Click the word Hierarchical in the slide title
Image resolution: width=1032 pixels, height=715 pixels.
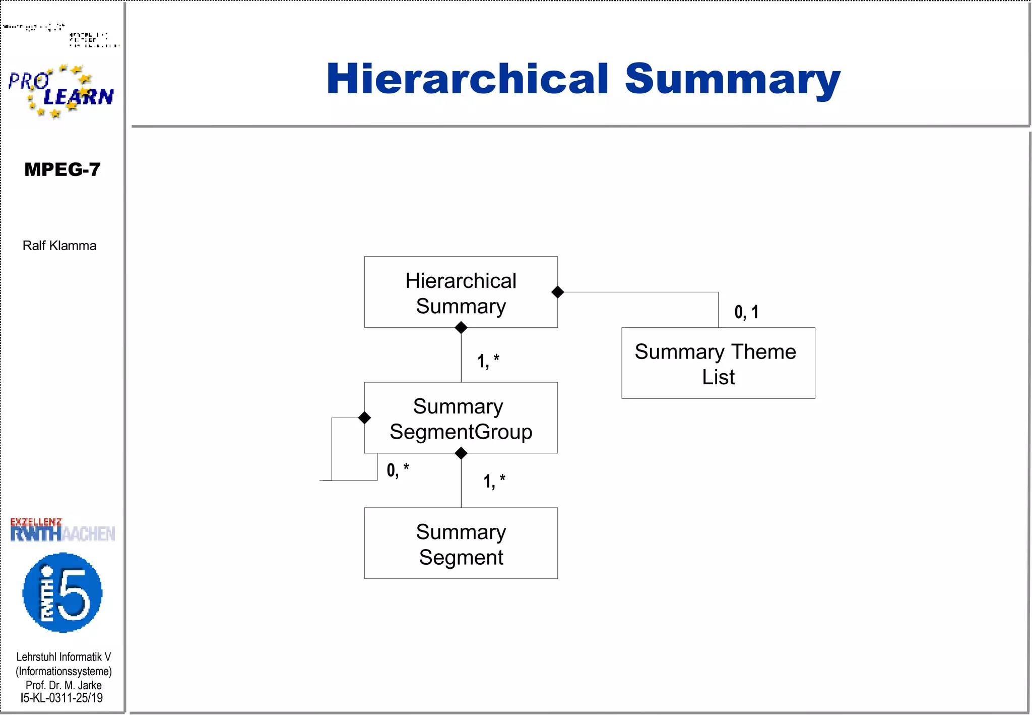click(467, 79)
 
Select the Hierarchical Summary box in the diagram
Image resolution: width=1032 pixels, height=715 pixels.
click(461, 292)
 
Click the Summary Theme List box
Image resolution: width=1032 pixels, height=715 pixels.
click(718, 364)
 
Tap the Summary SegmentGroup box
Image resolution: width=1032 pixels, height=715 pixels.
click(461, 418)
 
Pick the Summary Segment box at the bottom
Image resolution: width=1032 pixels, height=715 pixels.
click(461, 544)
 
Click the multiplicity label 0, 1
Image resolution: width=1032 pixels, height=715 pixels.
click(746, 312)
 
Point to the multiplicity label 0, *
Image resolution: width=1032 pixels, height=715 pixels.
click(397, 470)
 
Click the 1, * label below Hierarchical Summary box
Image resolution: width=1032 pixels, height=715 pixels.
click(488, 361)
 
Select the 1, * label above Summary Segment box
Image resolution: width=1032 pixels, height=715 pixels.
click(494, 481)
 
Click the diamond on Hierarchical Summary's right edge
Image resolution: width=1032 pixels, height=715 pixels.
click(557, 292)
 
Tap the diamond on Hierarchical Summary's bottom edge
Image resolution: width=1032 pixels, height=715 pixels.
click(461, 328)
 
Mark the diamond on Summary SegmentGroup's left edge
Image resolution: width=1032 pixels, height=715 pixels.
click(364, 418)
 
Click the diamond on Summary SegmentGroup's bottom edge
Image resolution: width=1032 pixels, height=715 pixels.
click(461, 453)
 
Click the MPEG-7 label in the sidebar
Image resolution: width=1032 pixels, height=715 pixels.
click(62, 169)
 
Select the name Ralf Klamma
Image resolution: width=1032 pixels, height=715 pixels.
click(59, 246)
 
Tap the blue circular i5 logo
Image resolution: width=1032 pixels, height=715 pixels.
click(62, 592)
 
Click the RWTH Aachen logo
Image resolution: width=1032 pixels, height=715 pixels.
click(62, 530)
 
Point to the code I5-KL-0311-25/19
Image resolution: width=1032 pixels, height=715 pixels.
click(61, 698)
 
